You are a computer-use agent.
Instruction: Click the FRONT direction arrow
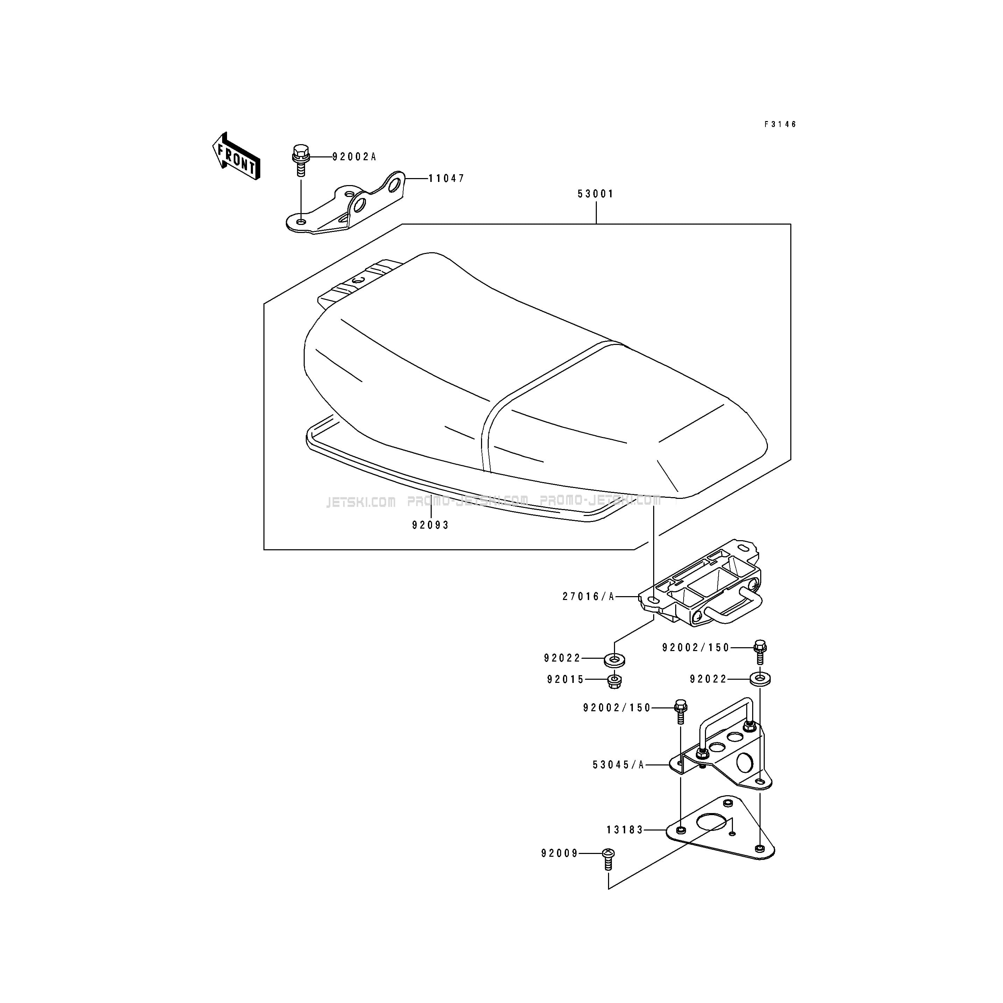point(236,156)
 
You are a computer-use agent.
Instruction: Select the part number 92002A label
point(354,157)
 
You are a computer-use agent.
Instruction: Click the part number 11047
point(446,178)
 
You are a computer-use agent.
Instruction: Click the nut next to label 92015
point(615,680)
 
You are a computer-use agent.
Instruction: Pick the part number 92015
point(566,679)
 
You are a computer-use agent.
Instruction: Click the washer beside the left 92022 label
point(615,661)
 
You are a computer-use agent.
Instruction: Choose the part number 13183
point(625,830)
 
